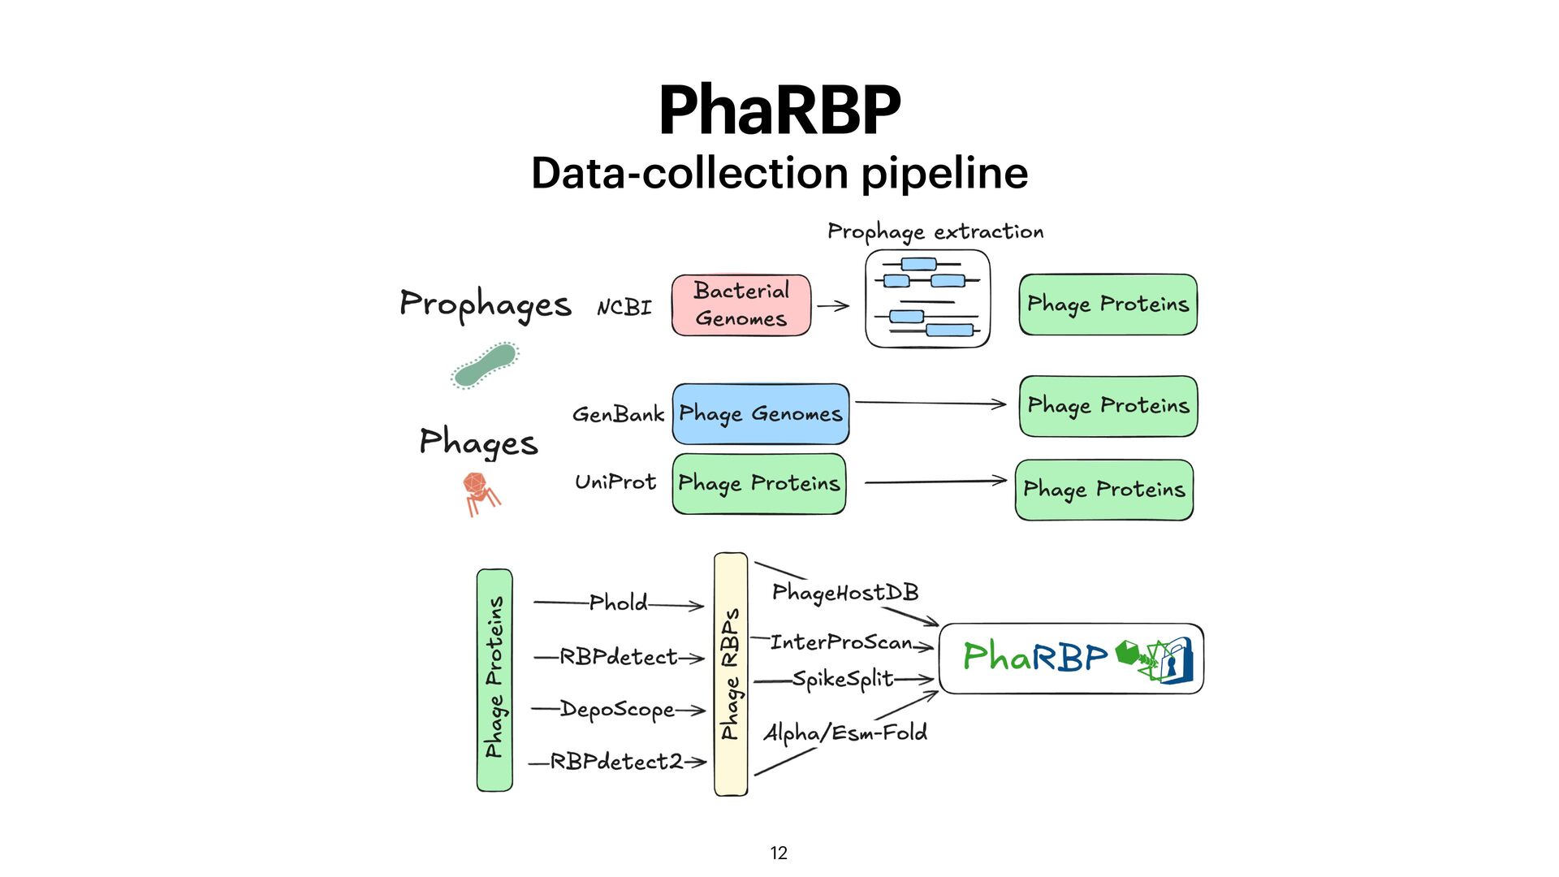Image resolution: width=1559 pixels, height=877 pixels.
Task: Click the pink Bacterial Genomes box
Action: (x=741, y=305)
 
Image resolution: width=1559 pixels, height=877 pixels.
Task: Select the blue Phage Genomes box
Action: (x=761, y=414)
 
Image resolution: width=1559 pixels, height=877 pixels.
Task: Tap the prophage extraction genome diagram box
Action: (x=927, y=299)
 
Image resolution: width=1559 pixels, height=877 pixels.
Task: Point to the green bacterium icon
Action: (x=486, y=365)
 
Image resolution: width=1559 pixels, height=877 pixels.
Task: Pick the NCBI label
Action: (x=624, y=308)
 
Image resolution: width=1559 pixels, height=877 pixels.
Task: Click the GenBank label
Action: (x=618, y=414)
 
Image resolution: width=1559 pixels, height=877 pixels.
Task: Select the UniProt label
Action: (x=615, y=482)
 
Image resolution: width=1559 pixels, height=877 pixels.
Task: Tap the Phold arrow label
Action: (x=618, y=603)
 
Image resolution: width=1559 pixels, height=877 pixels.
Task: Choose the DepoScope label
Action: (x=617, y=710)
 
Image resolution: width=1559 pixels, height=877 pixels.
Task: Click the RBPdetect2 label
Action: (x=616, y=762)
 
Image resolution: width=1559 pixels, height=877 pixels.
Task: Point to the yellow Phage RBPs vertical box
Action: (x=731, y=674)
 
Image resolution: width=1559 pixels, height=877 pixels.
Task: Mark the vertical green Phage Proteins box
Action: (x=494, y=680)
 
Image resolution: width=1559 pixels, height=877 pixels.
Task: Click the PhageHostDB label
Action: (x=845, y=593)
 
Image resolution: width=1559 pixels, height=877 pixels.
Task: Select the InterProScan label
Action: (x=840, y=643)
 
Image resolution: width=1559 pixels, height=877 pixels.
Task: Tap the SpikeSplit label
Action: (x=843, y=679)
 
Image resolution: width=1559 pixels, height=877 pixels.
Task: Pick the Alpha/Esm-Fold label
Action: (x=845, y=733)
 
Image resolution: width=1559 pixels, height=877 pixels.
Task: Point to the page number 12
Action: (x=779, y=853)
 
